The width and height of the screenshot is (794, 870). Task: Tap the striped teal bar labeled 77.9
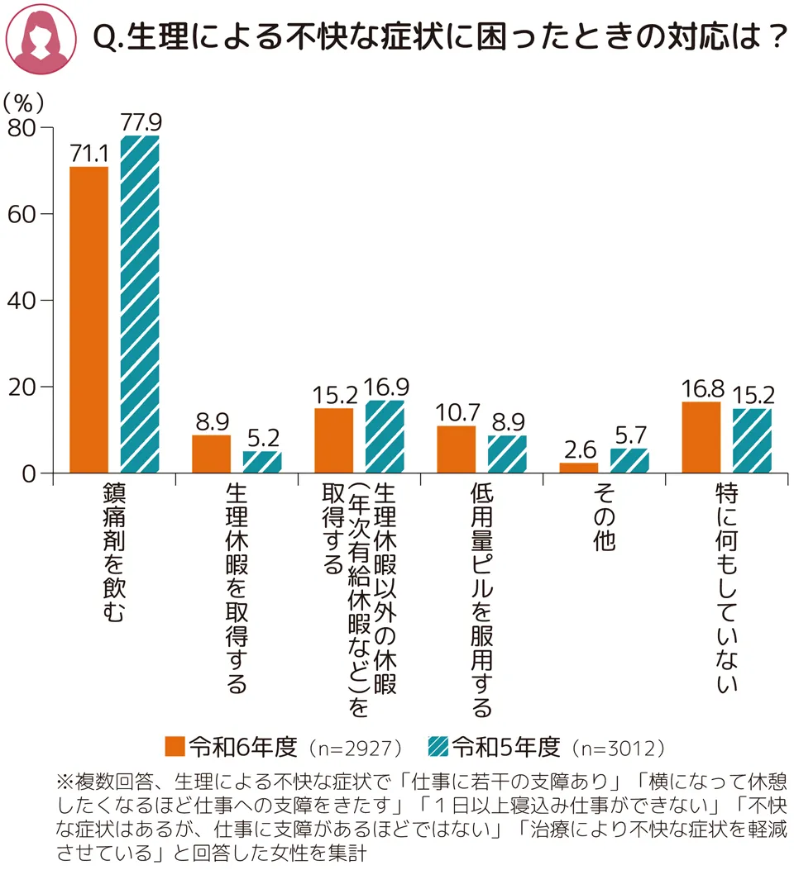pos(140,305)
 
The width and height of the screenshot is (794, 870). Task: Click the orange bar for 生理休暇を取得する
pos(211,454)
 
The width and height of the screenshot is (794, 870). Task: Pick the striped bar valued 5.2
pos(262,462)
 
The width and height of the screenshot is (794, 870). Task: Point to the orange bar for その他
pos(578,468)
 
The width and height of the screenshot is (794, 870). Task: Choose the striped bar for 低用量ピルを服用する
pos(507,454)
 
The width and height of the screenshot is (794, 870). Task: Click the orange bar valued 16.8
pos(701,437)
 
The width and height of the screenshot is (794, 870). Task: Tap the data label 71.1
pos(88,154)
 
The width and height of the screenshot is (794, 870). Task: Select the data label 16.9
pos(385,387)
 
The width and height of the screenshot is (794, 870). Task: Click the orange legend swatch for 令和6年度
pos(175,747)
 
